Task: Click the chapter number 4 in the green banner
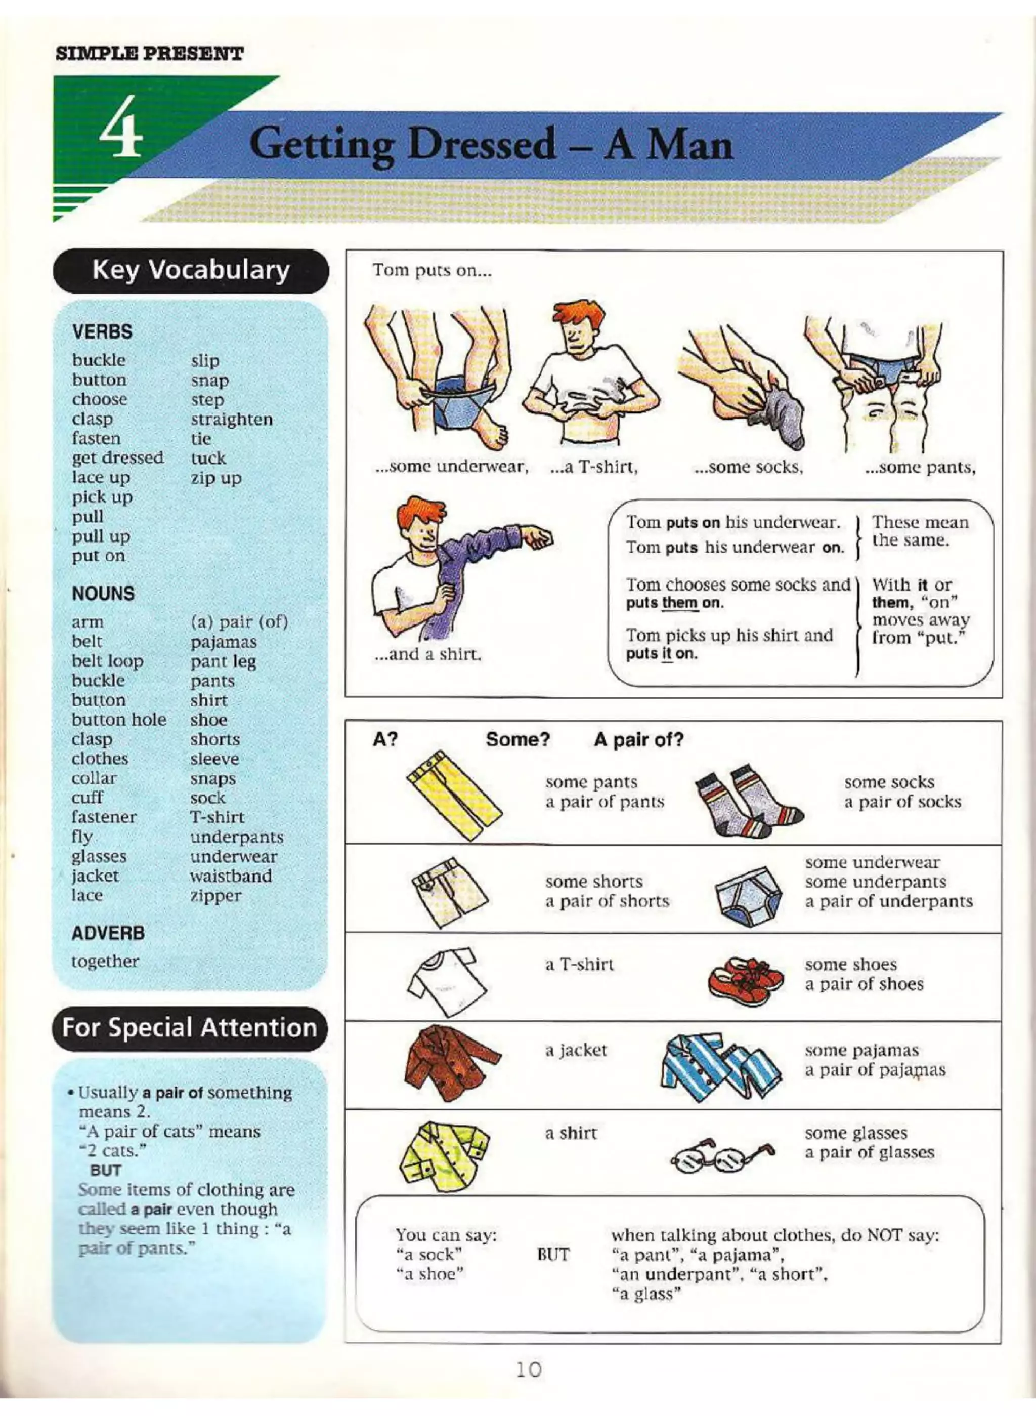[123, 135]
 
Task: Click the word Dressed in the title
[481, 144]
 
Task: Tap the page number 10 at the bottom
[528, 1369]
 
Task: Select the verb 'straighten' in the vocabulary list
[231, 419]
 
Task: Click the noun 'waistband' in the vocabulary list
[231, 876]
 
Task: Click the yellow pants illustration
[453, 794]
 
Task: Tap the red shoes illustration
[745, 981]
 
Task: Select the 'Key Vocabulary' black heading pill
[191, 270]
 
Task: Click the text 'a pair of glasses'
[869, 1152]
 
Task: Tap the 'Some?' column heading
[517, 740]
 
